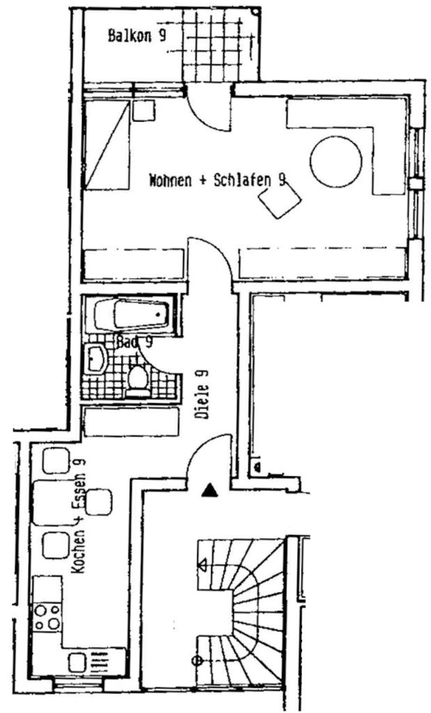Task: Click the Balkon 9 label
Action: [x=136, y=35]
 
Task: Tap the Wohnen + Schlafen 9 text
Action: [x=218, y=180]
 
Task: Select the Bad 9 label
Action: [x=134, y=341]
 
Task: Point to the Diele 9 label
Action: [x=202, y=394]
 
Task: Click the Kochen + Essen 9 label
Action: [x=79, y=516]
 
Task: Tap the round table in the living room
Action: [x=336, y=162]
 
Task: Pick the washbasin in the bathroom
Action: [x=95, y=359]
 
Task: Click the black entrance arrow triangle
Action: [x=210, y=490]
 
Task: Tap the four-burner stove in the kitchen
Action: [x=47, y=617]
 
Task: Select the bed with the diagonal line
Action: [x=107, y=145]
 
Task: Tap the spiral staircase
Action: [x=241, y=610]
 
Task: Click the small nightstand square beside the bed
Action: [x=143, y=111]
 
